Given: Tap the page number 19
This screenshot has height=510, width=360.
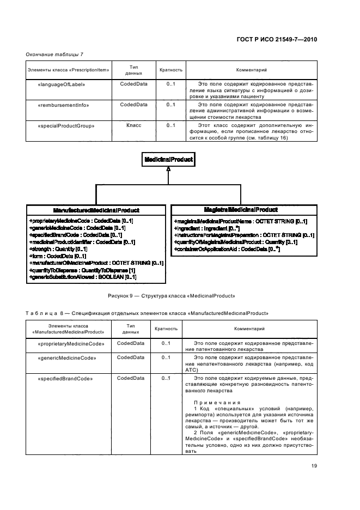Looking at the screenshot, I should pyautogui.click(x=314, y=465).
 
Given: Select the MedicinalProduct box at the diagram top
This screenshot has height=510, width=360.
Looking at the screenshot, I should pyautogui.click(x=168, y=159).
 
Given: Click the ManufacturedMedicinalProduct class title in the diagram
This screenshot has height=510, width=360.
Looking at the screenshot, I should pyautogui.click(x=96, y=210).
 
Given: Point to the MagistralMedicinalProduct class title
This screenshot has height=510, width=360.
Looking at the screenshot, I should pyautogui.click(x=241, y=209).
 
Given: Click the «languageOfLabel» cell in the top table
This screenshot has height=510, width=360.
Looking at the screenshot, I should pyautogui.click(x=62, y=84).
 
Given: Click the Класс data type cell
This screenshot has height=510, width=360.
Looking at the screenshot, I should pyautogui.click(x=133, y=125).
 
